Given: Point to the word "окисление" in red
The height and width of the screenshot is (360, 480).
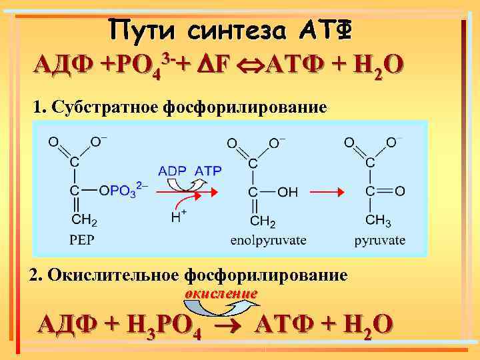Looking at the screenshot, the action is click(x=221, y=293).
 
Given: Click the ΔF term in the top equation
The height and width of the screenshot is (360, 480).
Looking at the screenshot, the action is click(x=213, y=66).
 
